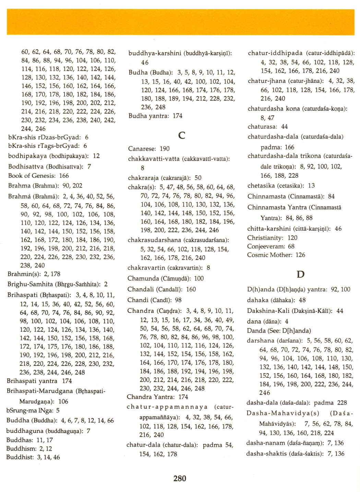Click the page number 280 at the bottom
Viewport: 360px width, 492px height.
coord(180,478)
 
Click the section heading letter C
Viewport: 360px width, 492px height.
coord(182,135)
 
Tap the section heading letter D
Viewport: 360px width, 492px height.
coord(300,274)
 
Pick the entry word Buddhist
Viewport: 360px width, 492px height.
coord(20,457)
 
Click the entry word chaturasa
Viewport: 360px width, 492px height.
coord(262,126)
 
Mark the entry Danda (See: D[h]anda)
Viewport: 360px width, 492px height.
coord(279,331)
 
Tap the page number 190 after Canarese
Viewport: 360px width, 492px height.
coord(165,149)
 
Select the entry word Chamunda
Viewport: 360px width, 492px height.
coord(143,279)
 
